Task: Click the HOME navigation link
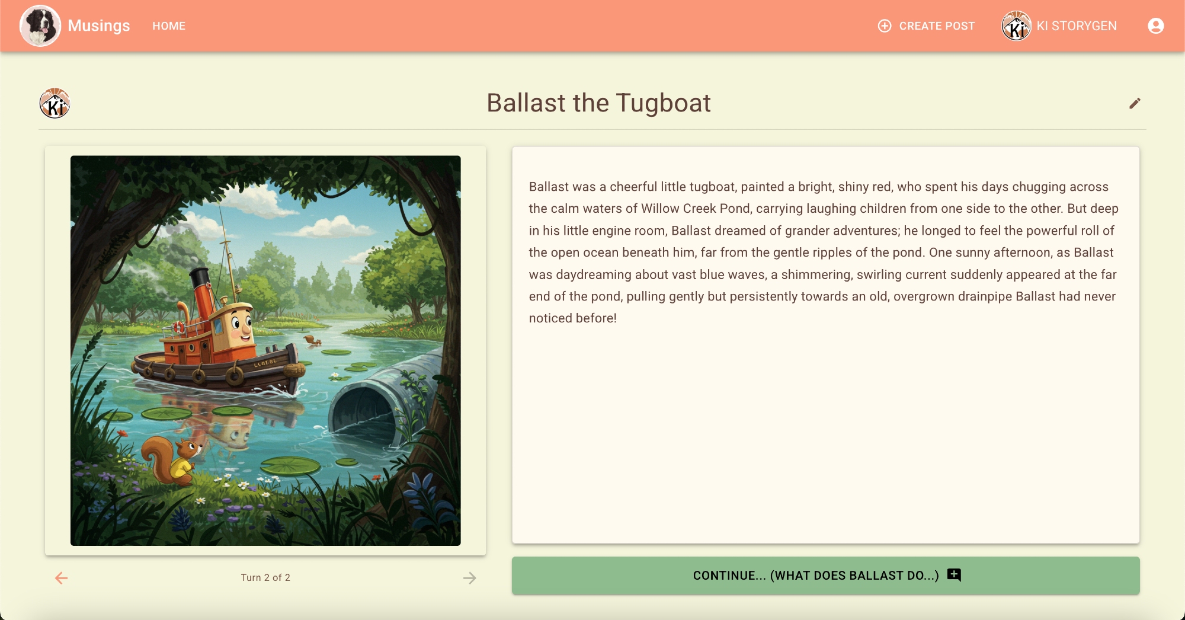coord(169,26)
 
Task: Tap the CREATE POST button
coord(926,26)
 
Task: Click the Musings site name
coord(99,26)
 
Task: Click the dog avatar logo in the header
coord(40,26)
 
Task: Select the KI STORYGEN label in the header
coord(1077,26)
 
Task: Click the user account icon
coord(1155,26)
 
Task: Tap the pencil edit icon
coord(1135,104)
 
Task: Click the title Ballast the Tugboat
coord(598,103)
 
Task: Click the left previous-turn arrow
coord(62,578)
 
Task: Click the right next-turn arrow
coord(469,578)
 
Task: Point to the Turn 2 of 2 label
coord(265,577)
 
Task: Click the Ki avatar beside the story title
coord(55,104)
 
